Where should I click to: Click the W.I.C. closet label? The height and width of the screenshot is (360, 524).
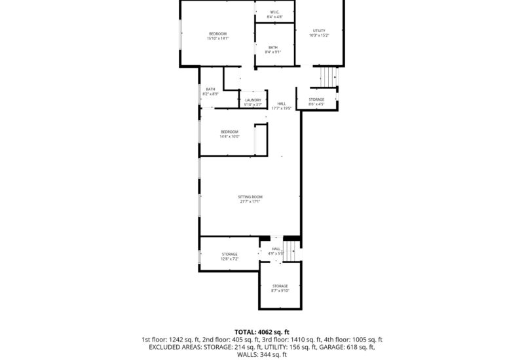[x=274, y=12]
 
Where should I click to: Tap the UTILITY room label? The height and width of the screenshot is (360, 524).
[x=319, y=30]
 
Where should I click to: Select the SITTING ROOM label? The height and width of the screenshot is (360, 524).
[x=250, y=196]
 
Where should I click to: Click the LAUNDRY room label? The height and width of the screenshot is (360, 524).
[x=253, y=99]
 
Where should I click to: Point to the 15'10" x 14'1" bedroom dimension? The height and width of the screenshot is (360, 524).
[x=217, y=39]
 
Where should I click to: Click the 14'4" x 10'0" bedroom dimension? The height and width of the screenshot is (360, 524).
[x=230, y=136]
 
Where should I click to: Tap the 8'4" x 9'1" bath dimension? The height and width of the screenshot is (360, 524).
[x=272, y=52]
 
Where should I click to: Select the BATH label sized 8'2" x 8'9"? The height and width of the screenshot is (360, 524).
[x=210, y=89]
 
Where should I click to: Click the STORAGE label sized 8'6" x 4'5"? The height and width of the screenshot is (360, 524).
[x=316, y=99]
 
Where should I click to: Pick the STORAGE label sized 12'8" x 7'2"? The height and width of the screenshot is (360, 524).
[x=229, y=254]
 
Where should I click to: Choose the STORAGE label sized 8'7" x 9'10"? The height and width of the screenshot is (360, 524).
[x=280, y=286]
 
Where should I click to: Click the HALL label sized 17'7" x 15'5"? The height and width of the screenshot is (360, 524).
[x=282, y=103]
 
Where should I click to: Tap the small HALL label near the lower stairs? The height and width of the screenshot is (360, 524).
[x=276, y=249]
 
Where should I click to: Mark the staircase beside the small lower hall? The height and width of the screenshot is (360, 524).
[x=291, y=250]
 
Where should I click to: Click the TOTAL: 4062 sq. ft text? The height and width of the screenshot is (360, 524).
[x=262, y=331]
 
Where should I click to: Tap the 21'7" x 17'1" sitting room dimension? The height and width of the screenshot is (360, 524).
[x=250, y=202]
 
